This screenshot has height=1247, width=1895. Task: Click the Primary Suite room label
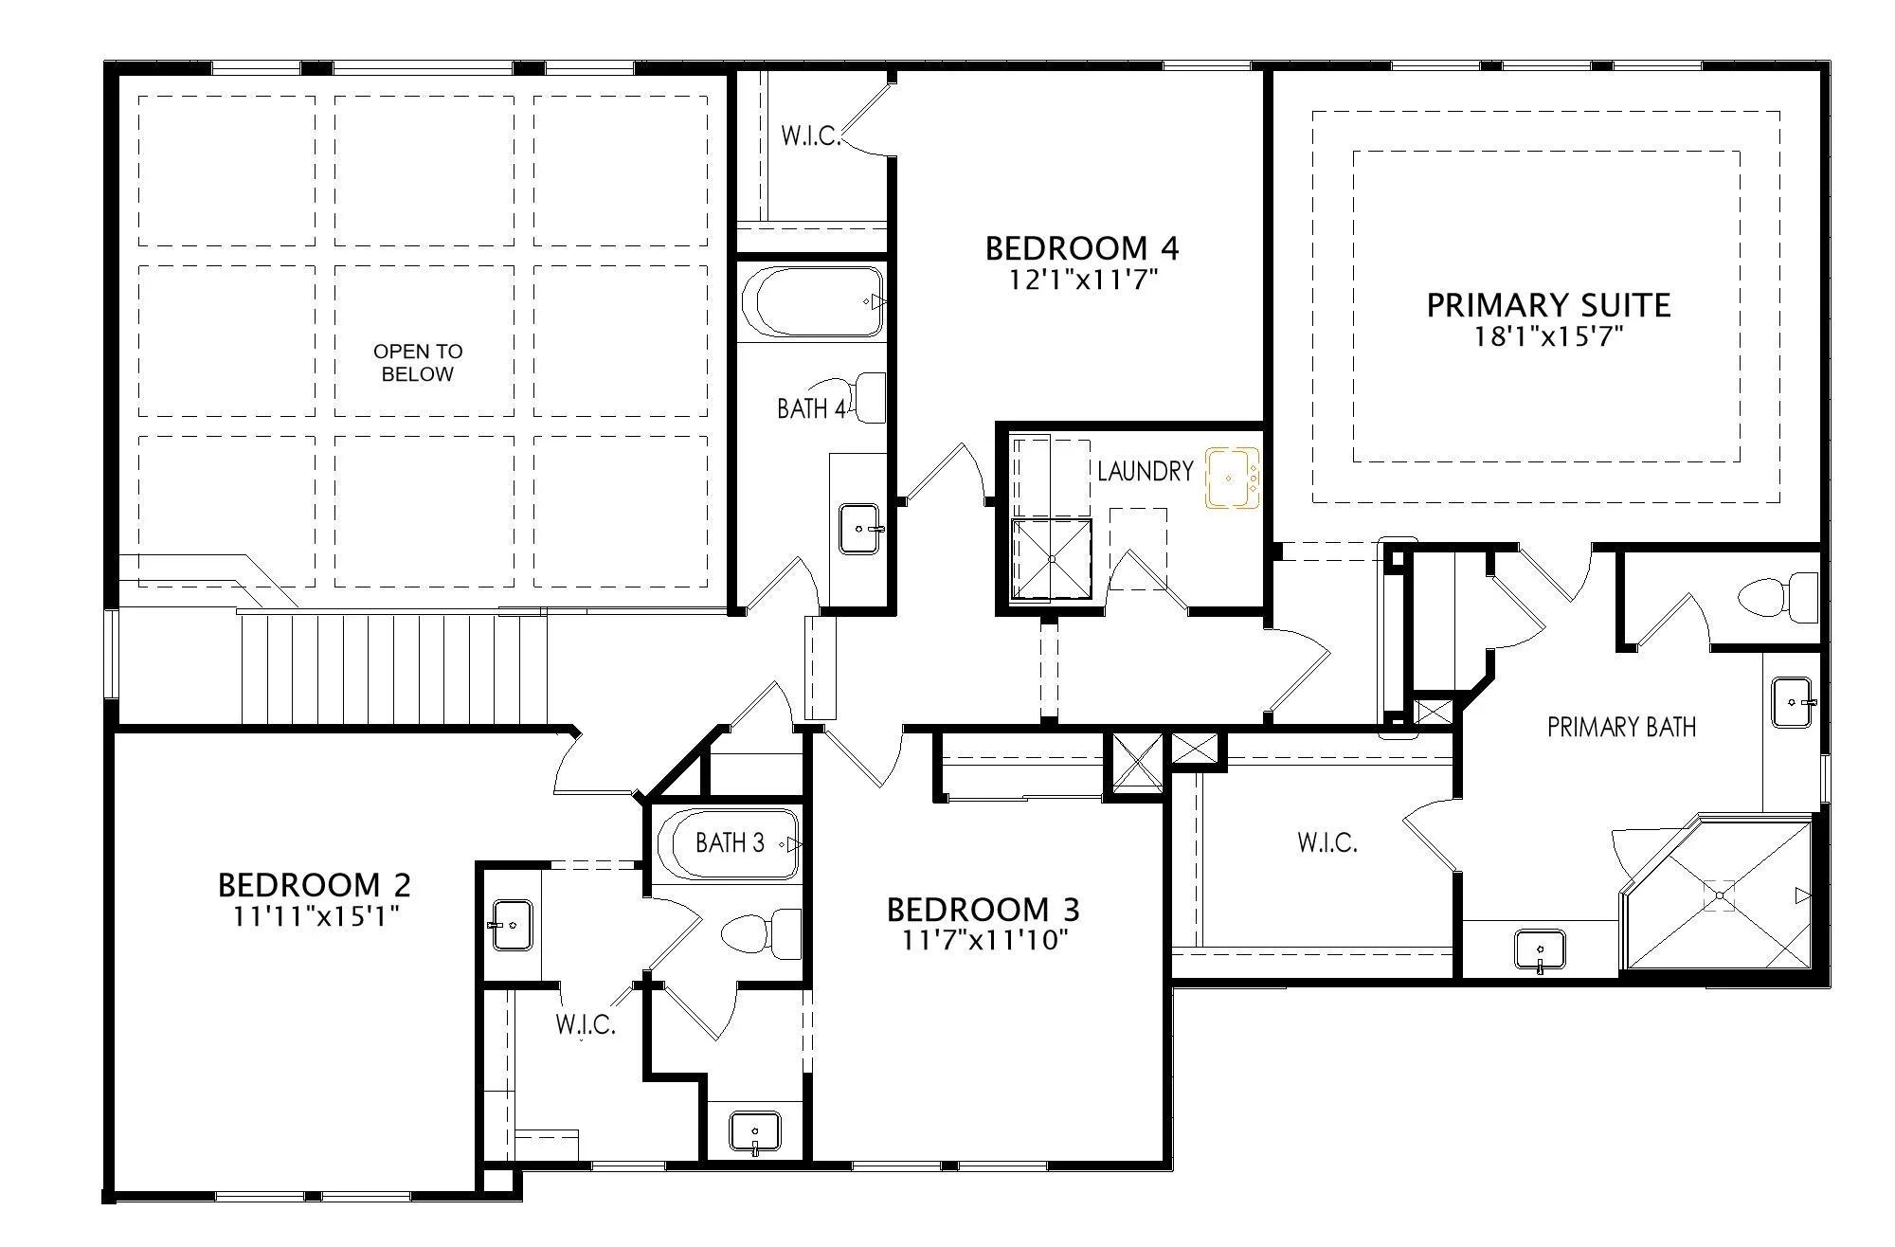(x=1548, y=305)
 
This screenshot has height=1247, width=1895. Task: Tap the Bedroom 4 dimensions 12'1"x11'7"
(x=1082, y=280)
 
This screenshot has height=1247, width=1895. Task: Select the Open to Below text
(x=418, y=363)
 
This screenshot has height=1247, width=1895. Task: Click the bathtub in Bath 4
(x=814, y=301)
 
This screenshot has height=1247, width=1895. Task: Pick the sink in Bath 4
(x=861, y=529)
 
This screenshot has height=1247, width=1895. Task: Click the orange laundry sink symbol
(x=1232, y=478)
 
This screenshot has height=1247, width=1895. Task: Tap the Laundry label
(x=1145, y=471)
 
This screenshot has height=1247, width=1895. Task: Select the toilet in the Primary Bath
(x=1778, y=598)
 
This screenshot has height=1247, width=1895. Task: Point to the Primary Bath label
(x=1621, y=727)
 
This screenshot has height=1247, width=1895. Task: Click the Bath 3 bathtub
(x=731, y=843)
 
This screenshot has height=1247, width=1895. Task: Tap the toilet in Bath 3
(x=762, y=933)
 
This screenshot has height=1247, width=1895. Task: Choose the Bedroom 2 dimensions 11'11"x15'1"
(x=315, y=917)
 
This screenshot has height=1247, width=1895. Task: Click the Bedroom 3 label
(x=983, y=910)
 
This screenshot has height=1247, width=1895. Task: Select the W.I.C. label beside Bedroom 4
(x=811, y=136)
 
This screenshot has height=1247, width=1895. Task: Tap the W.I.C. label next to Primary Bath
(x=1326, y=842)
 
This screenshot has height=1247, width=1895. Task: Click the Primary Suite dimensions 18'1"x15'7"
(x=1548, y=336)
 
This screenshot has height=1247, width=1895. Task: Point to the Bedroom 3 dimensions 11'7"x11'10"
(x=983, y=941)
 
